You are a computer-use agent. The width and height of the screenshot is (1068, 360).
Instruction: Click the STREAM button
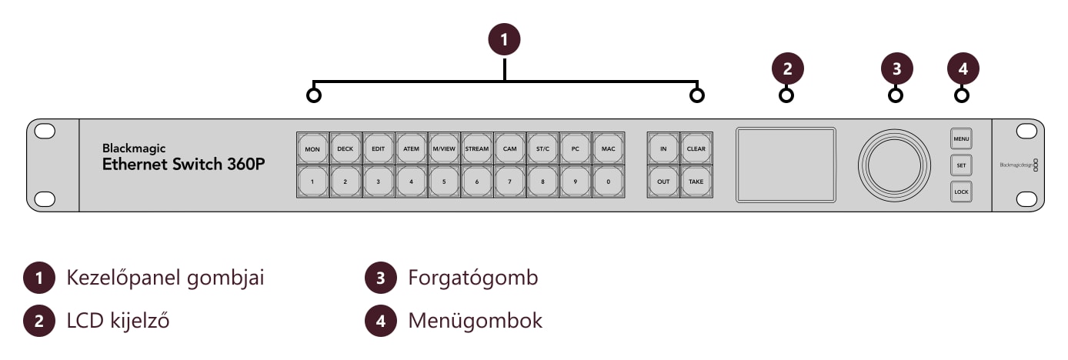477,148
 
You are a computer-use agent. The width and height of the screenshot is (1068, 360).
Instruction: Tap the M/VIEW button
444,148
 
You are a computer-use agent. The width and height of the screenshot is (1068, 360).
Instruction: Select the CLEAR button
696,148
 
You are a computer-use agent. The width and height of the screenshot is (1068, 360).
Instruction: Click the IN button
663,148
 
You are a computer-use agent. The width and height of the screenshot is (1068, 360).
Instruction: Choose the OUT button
663,182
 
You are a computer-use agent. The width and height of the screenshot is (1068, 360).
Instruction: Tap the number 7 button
509,182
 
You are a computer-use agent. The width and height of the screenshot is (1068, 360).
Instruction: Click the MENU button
961,138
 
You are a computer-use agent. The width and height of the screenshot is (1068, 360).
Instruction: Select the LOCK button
961,192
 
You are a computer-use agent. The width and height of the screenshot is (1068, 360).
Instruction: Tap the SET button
961,165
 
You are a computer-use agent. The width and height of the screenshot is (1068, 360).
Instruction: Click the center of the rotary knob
894,165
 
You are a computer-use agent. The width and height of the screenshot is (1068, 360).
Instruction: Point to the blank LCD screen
786,165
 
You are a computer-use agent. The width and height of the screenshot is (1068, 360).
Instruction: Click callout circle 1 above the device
505,39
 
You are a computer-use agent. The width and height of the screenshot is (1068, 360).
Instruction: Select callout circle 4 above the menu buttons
963,68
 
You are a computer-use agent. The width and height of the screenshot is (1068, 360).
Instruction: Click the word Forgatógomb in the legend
473,278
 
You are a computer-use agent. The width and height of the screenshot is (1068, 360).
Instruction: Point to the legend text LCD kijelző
118,321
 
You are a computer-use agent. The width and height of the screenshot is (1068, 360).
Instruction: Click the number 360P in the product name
245,164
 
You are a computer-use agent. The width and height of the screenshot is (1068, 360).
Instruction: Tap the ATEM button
411,148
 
